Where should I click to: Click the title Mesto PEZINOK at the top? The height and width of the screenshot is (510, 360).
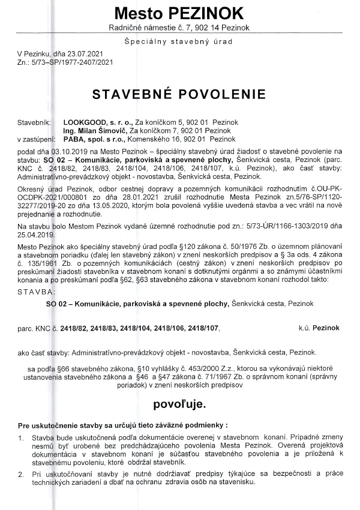179,13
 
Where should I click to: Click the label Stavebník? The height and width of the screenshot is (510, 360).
34,121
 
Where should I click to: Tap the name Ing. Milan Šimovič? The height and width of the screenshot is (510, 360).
95,130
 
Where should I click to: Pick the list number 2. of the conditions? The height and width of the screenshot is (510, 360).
22,475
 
